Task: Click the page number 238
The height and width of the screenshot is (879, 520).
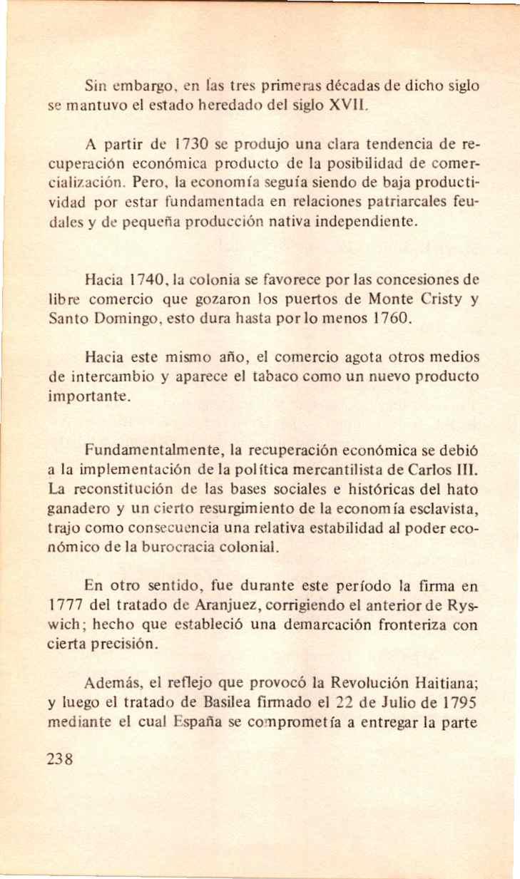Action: click(59, 759)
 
